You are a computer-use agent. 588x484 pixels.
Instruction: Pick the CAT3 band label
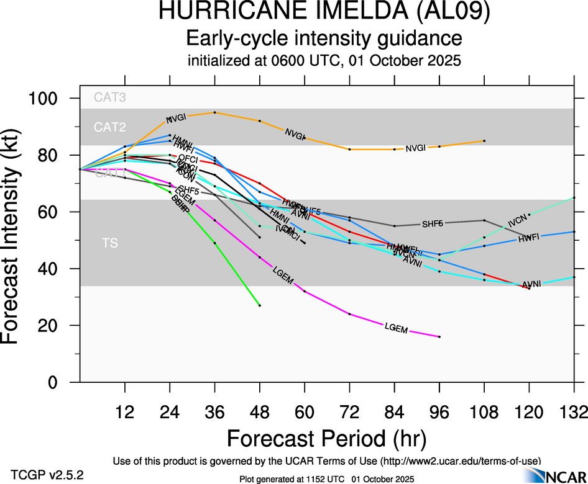click(109, 97)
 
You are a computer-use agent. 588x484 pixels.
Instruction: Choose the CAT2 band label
click(109, 127)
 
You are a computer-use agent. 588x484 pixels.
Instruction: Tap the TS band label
click(109, 243)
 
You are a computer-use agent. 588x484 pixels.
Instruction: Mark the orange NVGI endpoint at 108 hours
click(484, 141)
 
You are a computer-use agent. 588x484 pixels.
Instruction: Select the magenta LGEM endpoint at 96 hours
click(439, 336)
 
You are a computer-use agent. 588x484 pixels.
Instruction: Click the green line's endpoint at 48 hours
click(260, 305)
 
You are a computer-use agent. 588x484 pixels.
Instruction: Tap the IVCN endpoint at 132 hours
click(574, 197)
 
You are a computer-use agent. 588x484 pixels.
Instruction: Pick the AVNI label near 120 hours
click(531, 284)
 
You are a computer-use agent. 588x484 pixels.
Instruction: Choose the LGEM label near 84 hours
click(396, 328)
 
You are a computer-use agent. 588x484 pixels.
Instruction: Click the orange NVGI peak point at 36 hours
click(214, 112)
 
